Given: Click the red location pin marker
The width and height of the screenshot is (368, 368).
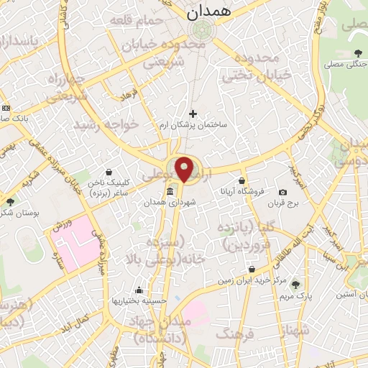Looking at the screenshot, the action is (185, 169).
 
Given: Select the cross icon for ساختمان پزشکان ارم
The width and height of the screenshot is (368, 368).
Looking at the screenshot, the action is (193, 114).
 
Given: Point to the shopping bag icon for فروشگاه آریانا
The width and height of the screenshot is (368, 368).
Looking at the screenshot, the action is (241, 180).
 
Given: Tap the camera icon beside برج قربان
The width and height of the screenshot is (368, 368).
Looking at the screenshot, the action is (282, 193).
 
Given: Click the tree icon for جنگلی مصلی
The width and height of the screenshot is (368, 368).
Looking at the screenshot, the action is (357, 52).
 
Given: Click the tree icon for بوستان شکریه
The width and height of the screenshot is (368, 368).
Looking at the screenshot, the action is (10, 203).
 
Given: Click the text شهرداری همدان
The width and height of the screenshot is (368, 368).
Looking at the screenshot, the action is (190, 203).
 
